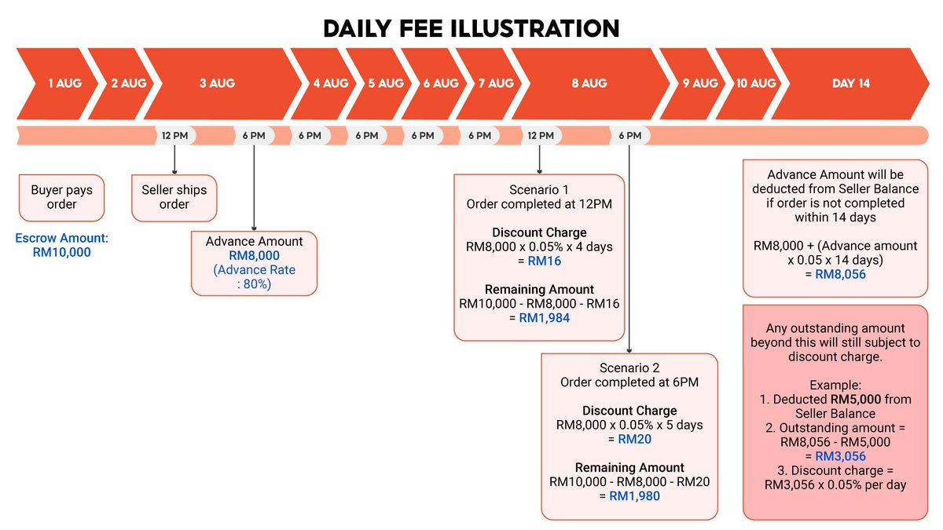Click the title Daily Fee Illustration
coord(472,28)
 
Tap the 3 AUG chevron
coord(217,83)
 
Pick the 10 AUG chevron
coord(755,83)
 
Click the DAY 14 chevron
coord(850,83)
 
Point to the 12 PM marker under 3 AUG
coord(174,136)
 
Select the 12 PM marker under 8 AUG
coord(540,136)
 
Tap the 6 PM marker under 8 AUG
coord(629,136)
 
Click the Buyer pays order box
coord(61,197)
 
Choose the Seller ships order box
coord(174,197)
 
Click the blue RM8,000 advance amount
coord(254,256)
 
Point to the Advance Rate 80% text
coord(254,277)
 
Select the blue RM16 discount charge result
coord(544,261)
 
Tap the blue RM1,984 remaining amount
coord(544,318)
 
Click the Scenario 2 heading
coord(629,367)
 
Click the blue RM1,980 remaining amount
coord(634,495)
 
